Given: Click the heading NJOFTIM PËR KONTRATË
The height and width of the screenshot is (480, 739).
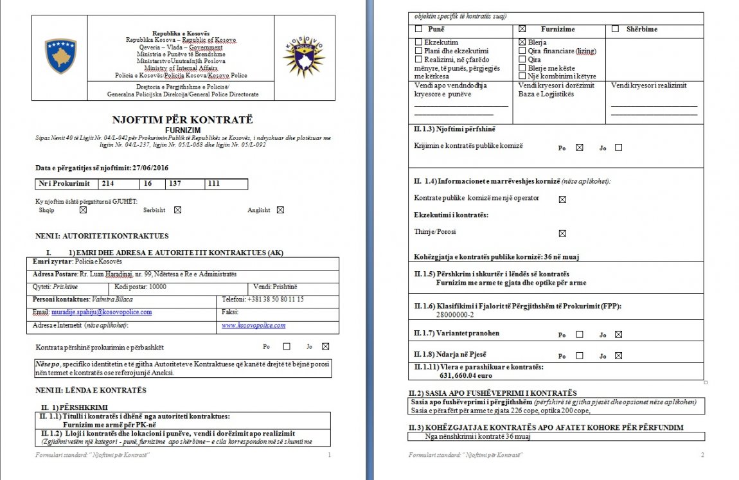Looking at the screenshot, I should click(x=183, y=120).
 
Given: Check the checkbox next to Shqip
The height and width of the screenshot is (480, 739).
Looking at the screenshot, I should click(x=83, y=209).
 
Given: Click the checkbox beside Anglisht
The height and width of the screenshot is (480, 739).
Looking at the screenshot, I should click(x=280, y=209).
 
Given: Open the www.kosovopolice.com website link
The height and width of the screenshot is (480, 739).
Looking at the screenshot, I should click(x=254, y=325).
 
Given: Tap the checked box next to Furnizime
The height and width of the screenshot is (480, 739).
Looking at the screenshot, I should click(x=522, y=29).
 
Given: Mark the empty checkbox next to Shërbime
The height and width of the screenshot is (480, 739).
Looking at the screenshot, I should click(x=615, y=29).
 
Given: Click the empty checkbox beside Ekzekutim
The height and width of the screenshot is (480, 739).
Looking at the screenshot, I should click(x=419, y=42).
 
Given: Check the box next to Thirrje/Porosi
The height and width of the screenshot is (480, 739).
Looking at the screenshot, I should click(x=562, y=233).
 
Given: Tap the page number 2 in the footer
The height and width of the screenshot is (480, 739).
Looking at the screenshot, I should click(x=702, y=455).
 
